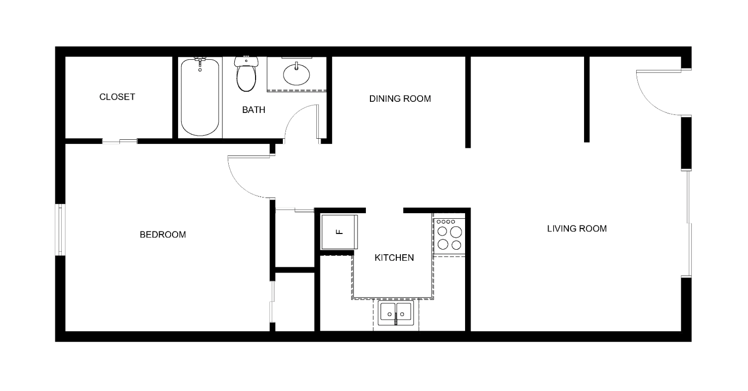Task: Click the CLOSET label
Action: [117, 97]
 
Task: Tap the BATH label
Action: [254, 109]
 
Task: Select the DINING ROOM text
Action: [400, 99]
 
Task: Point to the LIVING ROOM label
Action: [577, 228]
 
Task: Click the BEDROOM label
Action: [162, 234]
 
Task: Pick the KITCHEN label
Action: [394, 258]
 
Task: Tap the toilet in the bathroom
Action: [246, 74]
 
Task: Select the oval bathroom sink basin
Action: [296, 74]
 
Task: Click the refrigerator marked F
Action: [339, 232]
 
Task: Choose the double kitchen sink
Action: [396, 313]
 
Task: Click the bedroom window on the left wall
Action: [60, 229]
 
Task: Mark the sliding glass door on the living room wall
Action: [689, 224]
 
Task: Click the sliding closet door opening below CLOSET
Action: [119, 141]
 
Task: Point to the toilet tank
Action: [246, 61]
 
